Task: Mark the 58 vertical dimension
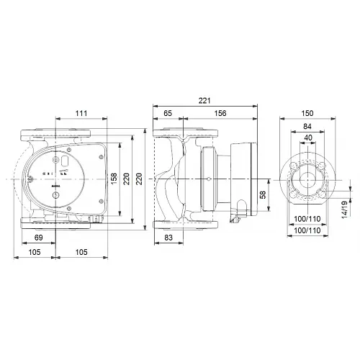(262, 194)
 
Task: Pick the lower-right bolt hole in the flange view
(324, 193)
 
